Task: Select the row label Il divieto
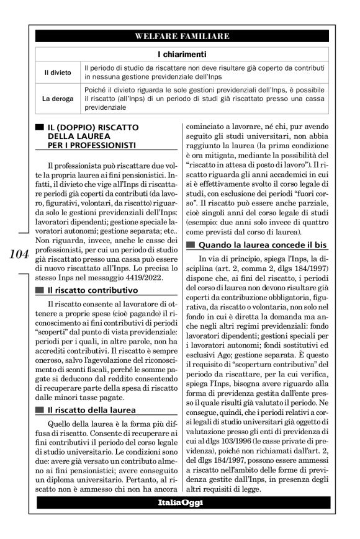[56, 73]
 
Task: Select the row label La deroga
[56, 98]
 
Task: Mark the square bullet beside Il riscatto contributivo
[40, 290]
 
